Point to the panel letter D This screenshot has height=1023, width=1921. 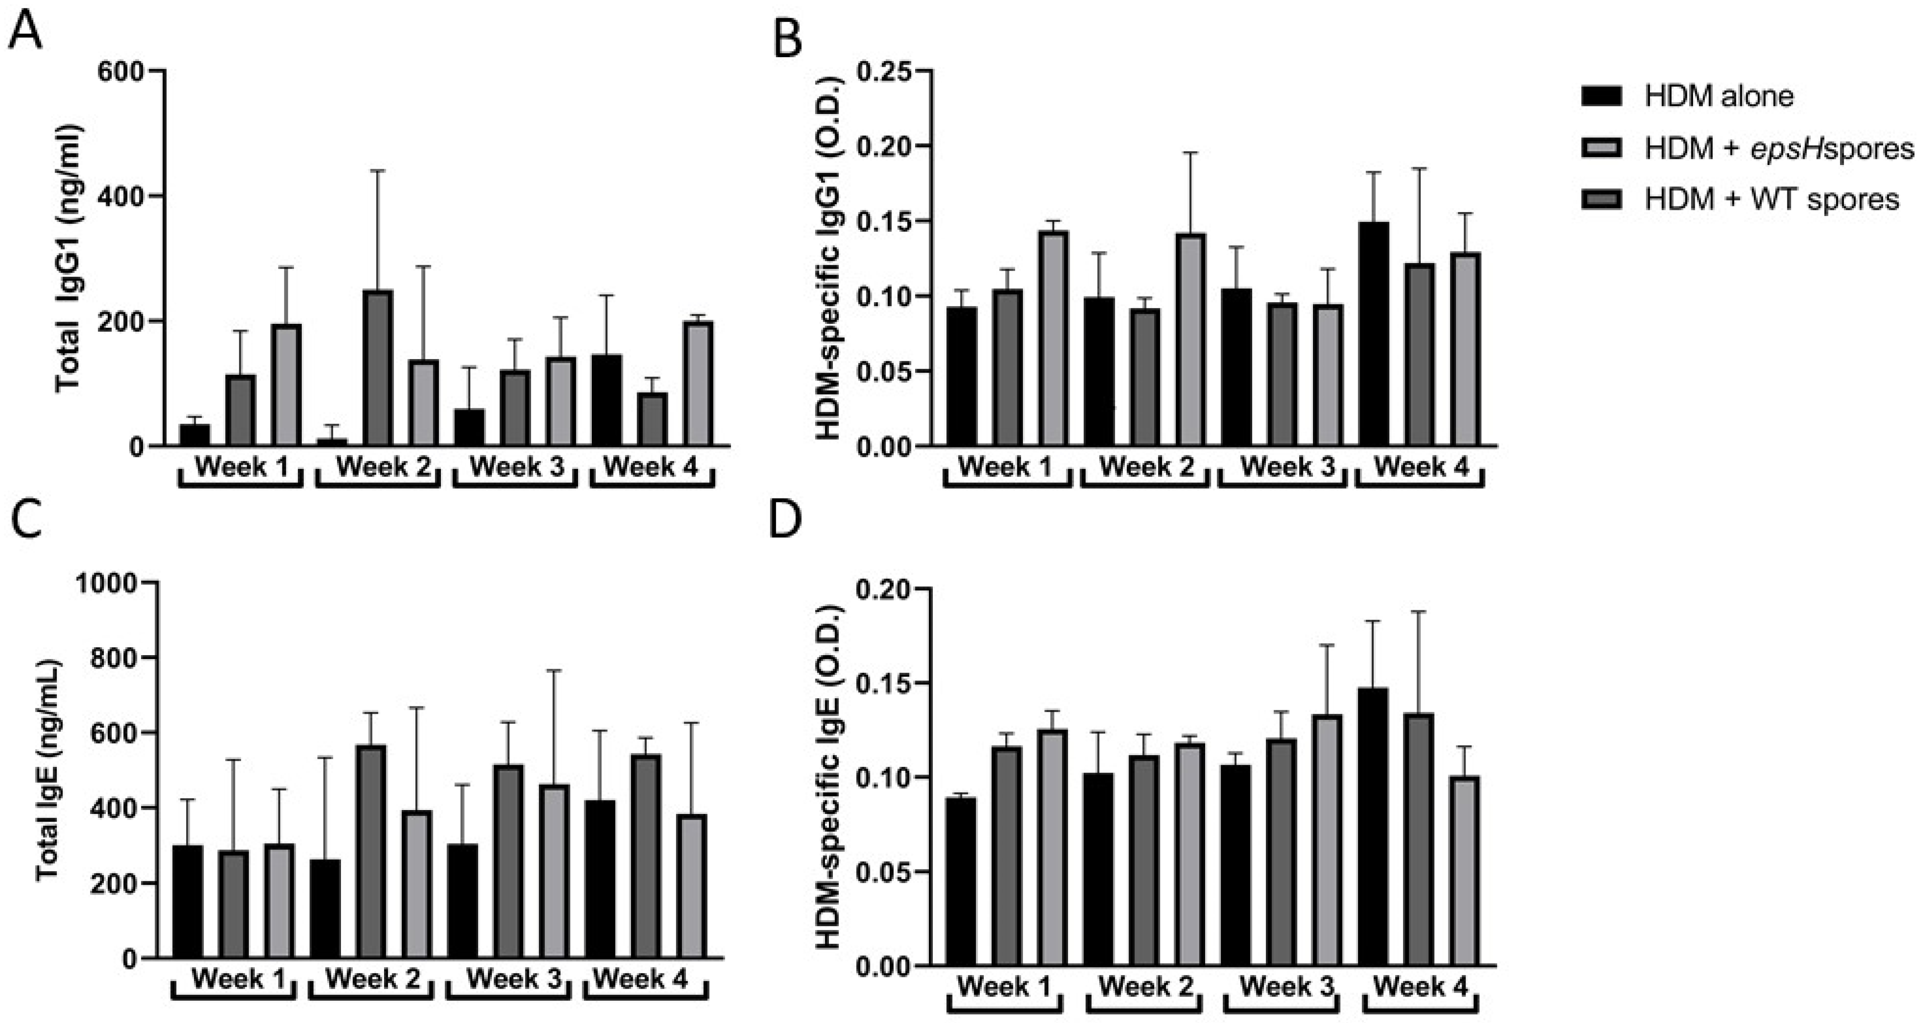785,521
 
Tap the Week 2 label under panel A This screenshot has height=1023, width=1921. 383,468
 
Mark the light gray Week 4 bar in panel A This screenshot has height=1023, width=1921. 699,384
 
